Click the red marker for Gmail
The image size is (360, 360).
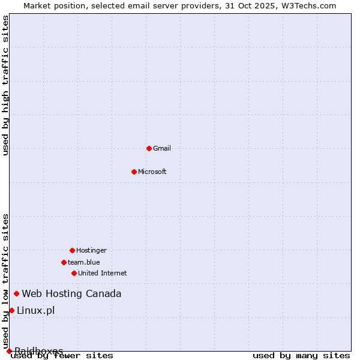point(149,148)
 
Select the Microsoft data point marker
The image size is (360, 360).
point(134,172)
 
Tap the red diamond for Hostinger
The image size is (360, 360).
point(72,250)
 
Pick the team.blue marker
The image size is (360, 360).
point(64,262)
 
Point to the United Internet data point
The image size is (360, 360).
point(74,273)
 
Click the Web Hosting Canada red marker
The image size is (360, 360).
point(16,293)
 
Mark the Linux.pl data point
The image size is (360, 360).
point(11,310)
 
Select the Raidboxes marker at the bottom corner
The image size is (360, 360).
point(9,351)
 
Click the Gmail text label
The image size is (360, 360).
point(162,148)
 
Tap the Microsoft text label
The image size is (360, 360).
point(152,172)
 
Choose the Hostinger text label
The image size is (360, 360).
point(91,250)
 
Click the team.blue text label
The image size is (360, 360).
point(84,262)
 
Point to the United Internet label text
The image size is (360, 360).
point(103,273)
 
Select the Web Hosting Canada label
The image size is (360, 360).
point(71,293)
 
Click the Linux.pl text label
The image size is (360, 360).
point(35,310)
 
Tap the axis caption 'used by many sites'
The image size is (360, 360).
point(301,356)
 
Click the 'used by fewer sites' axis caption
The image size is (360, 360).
point(62,356)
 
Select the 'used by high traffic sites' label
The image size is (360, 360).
point(6,86)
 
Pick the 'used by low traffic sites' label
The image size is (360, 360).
point(6,281)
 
